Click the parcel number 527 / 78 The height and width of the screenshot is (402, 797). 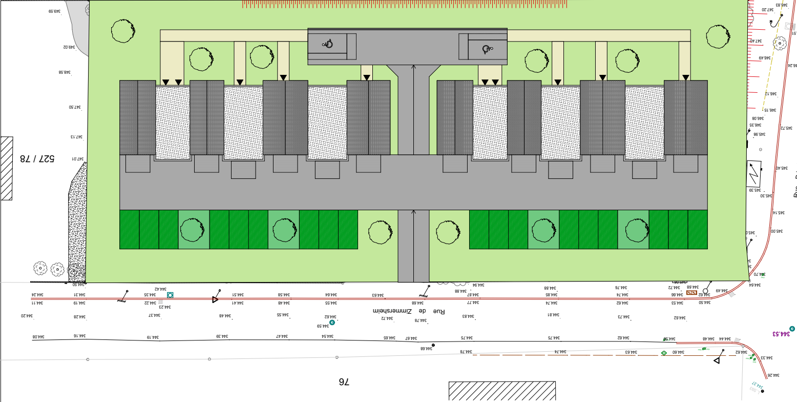pyautogui.click(x=37, y=158)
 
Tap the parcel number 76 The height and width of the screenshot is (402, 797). pyautogui.click(x=344, y=381)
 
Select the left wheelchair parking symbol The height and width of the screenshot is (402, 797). pyautogui.click(x=328, y=44)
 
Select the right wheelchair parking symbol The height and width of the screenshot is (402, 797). pyautogui.click(x=487, y=49)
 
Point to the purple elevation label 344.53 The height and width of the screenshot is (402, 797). pyautogui.click(x=782, y=334)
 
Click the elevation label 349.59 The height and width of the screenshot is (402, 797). pyautogui.click(x=55, y=11)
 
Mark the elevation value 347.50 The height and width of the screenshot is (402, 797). pyautogui.click(x=75, y=107)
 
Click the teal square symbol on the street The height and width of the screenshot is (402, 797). pyautogui.click(x=170, y=295)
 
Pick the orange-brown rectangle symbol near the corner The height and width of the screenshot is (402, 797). pyautogui.click(x=691, y=293)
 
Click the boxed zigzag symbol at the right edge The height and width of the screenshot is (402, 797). pyautogui.click(x=753, y=174)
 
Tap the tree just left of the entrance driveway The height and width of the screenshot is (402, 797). pyautogui.click(x=380, y=232)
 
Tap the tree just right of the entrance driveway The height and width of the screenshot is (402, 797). pyautogui.click(x=448, y=232)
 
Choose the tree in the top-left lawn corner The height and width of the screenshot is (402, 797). pyautogui.click(x=123, y=31)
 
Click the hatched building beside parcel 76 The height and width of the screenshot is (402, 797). pyautogui.click(x=502, y=391)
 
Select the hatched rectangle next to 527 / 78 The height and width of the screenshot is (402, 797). pyautogui.click(x=6, y=168)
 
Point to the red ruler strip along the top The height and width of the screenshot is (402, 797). pyautogui.click(x=405, y=4)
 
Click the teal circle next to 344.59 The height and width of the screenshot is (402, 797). pyautogui.click(x=332, y=323)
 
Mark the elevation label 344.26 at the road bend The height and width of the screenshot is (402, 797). pyautogui.click(x=773, y=375)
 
